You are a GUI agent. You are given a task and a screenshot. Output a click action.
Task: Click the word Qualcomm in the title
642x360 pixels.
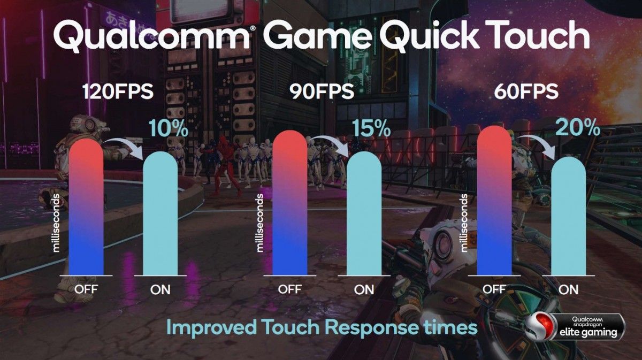(x=151, y=36)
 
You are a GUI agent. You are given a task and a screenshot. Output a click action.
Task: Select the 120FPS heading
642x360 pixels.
(x=118, y=91)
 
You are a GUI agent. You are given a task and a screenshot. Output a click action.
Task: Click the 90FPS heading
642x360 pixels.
(x=322, y=91)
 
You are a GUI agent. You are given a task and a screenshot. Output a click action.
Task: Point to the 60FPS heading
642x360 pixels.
(x=526, y=91)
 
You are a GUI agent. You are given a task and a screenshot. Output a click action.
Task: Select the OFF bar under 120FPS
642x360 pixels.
(x=86, y=207)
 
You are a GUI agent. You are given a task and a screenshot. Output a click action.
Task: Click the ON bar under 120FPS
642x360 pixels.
(x=160, y=213)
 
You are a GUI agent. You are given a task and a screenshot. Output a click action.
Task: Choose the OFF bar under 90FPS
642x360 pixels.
(x=290, y=203)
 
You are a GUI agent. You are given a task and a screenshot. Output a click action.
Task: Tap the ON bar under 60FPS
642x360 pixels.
(x=569, y=216)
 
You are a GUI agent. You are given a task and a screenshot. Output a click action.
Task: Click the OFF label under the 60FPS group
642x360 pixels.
(x=494, y=289)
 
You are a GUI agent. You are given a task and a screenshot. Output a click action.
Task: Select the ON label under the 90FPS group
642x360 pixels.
(x=364, y=289)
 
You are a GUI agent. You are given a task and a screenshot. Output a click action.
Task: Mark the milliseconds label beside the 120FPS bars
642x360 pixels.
(x=56, y=223)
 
